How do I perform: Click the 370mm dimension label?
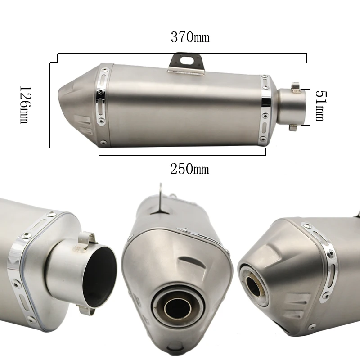click(190, 37)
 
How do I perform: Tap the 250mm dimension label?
click(189, 169)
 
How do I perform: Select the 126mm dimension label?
click(25, 105)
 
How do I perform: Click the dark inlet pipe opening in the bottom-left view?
click(99, 277)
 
